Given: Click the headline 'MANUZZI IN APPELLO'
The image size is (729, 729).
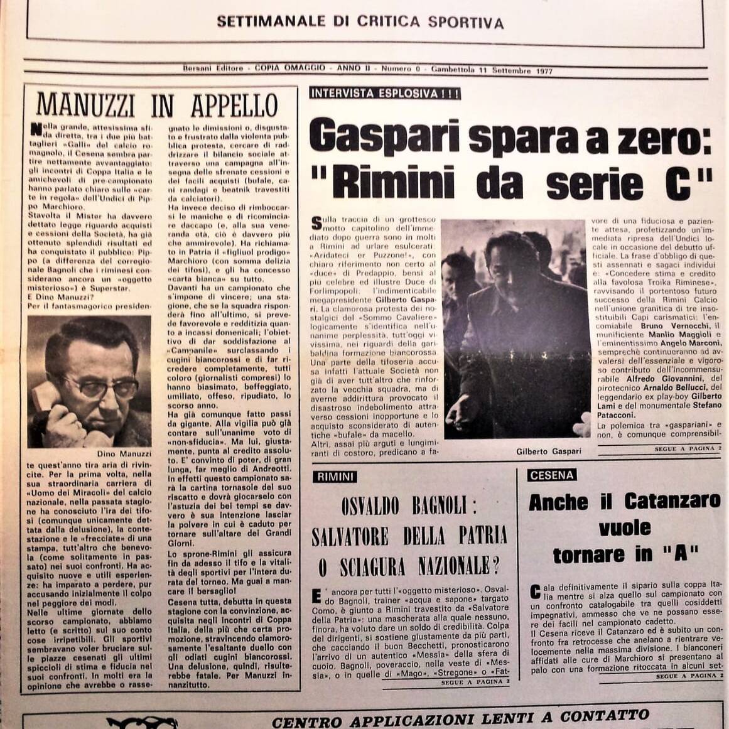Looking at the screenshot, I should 157,105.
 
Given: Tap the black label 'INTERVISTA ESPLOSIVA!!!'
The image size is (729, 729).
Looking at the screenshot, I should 385,94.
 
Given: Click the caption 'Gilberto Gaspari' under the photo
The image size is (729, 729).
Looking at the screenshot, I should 548,451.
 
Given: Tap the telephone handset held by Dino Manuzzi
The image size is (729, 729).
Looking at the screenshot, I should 45,402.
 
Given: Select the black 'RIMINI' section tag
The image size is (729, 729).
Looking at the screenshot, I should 335,477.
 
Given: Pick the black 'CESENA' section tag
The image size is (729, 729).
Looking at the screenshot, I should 552,475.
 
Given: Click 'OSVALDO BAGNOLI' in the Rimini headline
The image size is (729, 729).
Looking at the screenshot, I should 409,506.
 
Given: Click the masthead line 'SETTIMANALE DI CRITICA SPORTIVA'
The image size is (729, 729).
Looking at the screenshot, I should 360,23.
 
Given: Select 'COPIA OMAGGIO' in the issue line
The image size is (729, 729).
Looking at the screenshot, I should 290,68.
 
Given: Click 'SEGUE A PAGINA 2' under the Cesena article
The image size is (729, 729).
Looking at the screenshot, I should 688,676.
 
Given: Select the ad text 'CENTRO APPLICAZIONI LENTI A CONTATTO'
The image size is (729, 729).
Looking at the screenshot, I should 460,716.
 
